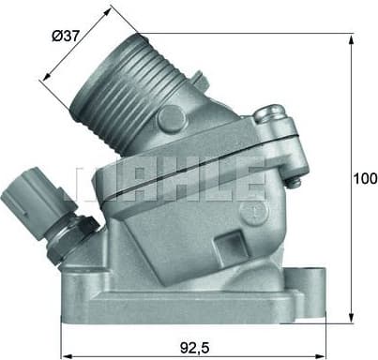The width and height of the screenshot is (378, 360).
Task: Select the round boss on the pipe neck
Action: coord(171,118)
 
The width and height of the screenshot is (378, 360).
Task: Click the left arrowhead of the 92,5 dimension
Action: coord(65,355)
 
